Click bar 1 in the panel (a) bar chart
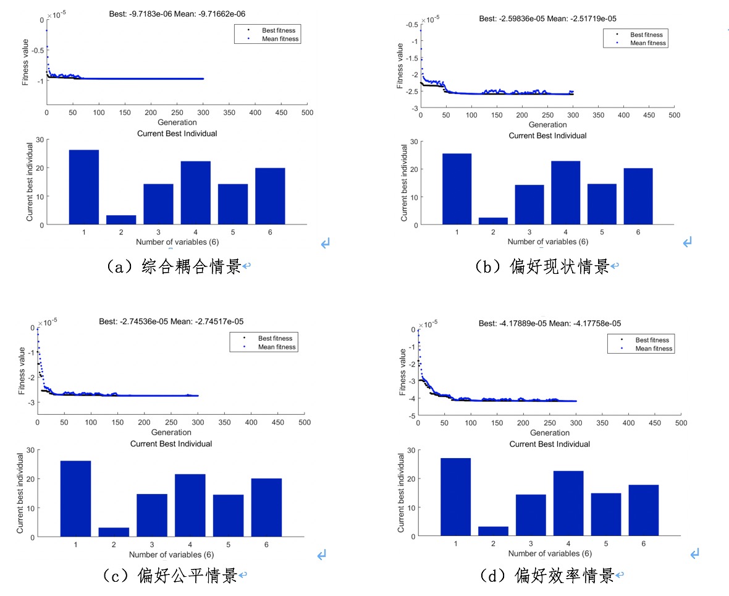tap(84, 187)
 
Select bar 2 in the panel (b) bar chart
tap(493, 221)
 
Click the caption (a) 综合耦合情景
tap(174, 266)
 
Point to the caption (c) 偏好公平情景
tap(170, 576)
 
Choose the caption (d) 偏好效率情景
tap(547, 576)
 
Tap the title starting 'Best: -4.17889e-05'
tap(550, 323)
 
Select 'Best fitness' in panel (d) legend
tap(652, 340)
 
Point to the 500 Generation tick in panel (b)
tap(675, 115)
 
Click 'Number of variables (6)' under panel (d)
tap(550, 553)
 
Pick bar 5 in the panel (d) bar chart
tap(606, 514)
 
